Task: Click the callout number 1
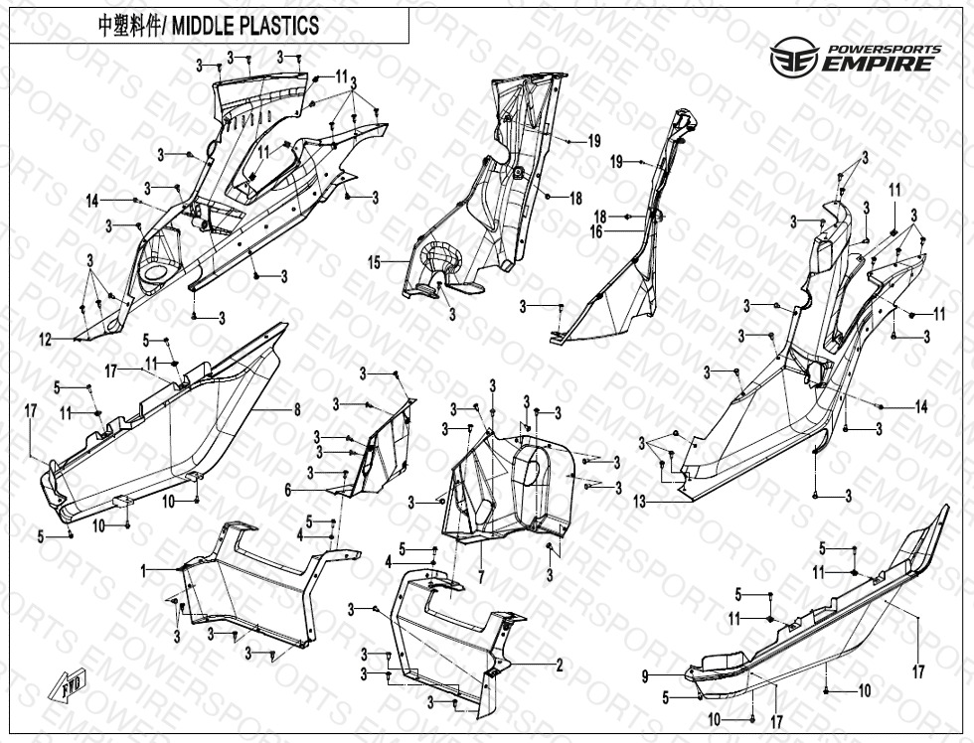(x=144, y=571)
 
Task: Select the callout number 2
(x=560, y=665)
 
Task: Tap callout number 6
(x=288, y=490)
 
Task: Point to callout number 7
(x=480, y=576)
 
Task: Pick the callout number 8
(x=295, y=408)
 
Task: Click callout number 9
(x=645, y=676)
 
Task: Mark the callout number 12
(x=45, y=340)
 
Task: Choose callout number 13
(x=639, y=503)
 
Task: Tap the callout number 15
(x=375, y=263)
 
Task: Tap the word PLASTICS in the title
(x=282, y=26)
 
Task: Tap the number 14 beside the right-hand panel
(x=920, y=407)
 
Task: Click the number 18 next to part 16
(x=600, y=217)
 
